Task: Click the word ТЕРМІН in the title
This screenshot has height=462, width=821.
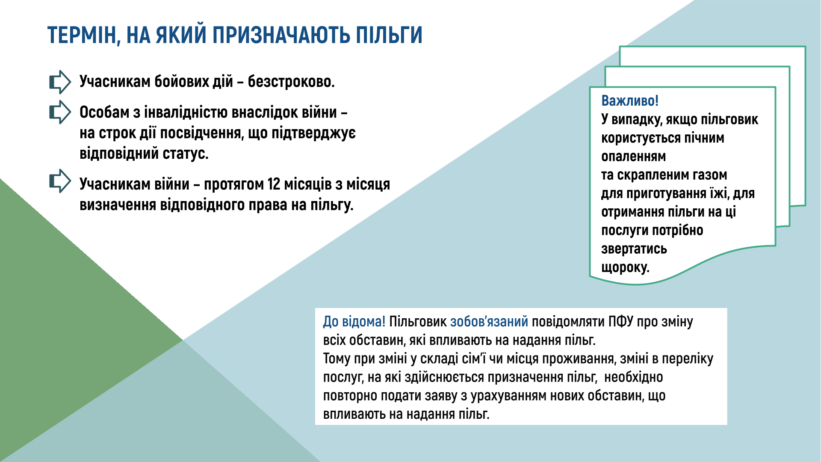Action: [81, 36]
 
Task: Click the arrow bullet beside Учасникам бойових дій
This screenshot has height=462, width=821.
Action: [60, 82]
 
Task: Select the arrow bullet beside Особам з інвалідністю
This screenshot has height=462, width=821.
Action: [60, 112]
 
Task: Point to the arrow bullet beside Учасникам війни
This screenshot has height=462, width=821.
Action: [60, 181]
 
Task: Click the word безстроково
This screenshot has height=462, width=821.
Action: [291, 81]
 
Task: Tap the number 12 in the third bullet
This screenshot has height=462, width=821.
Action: [274, 184]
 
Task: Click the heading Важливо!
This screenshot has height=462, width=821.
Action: [630, 101]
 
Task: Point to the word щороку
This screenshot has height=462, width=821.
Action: [625, 268]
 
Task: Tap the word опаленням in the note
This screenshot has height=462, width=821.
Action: [633, 157]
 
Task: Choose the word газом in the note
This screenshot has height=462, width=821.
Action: [710, 175]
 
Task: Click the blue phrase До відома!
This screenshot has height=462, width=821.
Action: [354, 322]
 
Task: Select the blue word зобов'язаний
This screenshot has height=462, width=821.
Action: [489, 322]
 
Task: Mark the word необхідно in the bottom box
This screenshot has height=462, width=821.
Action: [633, 377]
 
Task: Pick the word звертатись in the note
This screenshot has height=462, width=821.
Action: [634, 249]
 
